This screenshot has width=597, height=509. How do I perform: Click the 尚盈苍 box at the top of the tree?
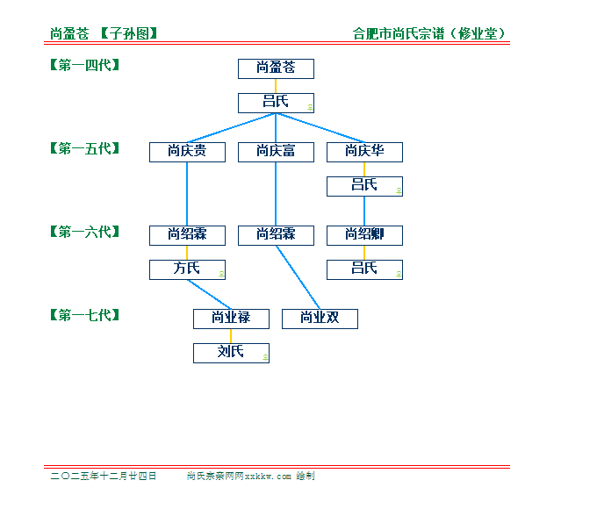pos(276,68)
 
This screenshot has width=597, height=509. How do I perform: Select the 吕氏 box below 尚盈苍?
pos(276,103)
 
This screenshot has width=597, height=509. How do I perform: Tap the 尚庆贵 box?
pos(187,152)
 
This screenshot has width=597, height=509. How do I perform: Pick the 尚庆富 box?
pos(276,152)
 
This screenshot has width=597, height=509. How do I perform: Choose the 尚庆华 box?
pos(364,152)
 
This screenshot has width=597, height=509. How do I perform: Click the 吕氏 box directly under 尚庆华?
pos(364,186)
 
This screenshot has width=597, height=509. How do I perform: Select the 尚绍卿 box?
pos(364,235)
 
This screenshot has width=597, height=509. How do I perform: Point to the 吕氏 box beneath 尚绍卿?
pos(364,269)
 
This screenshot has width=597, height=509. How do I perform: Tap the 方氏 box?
pos(187,269)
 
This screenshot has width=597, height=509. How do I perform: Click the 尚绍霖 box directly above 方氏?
pos(187,235)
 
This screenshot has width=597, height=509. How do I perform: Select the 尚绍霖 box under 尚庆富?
pos(276,235)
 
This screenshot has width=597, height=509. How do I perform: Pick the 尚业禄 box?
pos(231,319)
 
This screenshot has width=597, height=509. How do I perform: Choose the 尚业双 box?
pos(320,319)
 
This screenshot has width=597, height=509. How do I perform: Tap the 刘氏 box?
pos(231,353)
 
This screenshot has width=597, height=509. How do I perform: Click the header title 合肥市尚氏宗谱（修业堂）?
pos(429,34)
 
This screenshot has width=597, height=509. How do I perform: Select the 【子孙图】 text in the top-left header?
pos(129,34)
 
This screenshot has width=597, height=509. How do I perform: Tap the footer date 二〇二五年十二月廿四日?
pos(104,476)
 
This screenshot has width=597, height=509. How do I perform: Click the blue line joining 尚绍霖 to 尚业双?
pos(298,276)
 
